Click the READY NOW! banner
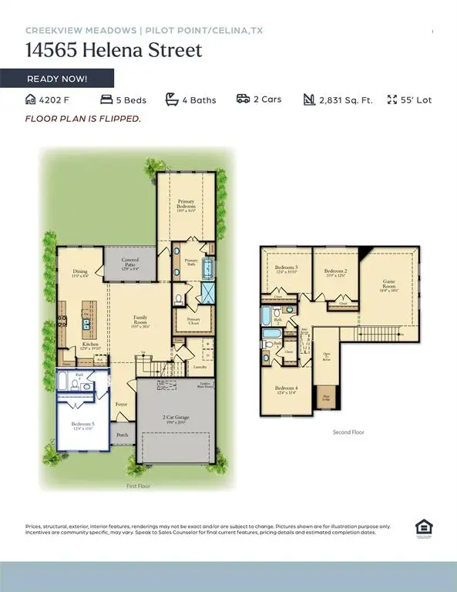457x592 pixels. pyautogui.click(x=57, y=79)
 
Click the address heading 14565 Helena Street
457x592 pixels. pyautogui.click(x=114, y=52)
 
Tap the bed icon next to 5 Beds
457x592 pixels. pyautogui.click(x=106, y=99)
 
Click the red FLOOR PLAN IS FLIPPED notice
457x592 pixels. pyautogui.click(x=83, y=119)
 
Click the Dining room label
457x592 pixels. pyautogui.click(x=80, y=273)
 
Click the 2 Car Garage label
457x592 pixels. pyautogui.click(x=175, y=419)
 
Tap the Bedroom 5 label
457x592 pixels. pyautogui.click(x=83, y=425)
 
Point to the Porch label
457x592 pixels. pyautogui.click(x=123, y=435)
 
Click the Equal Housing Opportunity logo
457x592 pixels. pyautogui.click(x=423, y=528)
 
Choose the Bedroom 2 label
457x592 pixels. pyautogui.click(x=335, y=273)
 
